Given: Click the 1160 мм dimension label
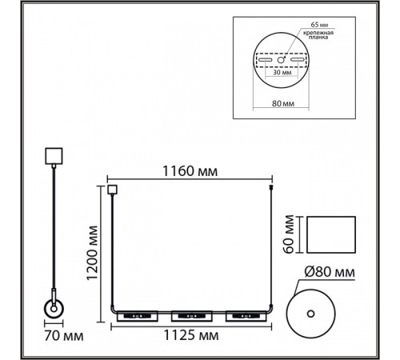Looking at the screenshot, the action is [x=190, y=171].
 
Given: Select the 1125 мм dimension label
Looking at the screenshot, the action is [x=191, y=335].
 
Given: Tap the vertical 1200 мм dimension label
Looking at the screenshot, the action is [x=92, y=253].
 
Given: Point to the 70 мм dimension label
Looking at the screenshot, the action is [x=64, y=336].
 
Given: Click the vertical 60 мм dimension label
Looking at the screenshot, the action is [x=289, y=234].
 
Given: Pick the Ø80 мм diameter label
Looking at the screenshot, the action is [x=330, y=272].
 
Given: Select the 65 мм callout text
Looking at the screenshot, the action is [x=319, y=25].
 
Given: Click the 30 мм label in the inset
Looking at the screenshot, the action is [x=282, y=72].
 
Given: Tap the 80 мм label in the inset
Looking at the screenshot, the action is [x=283, y=103].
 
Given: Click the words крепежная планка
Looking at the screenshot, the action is [x=318, y=35].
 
